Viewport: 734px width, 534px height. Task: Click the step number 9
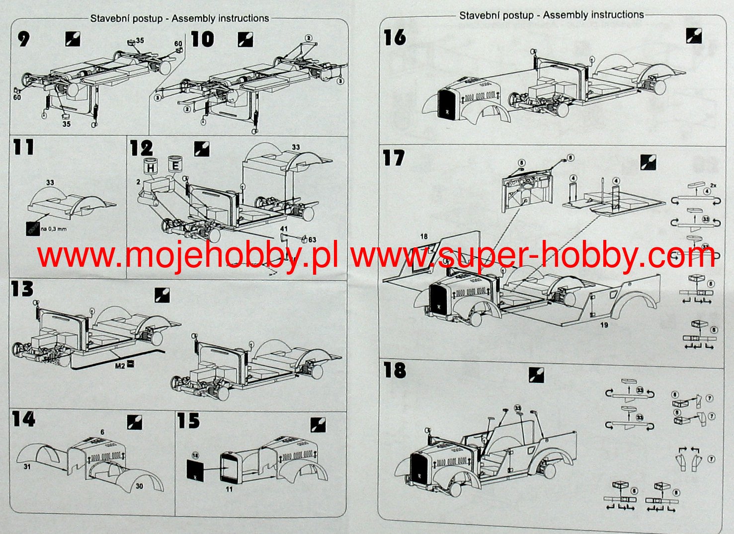tap(23, 39)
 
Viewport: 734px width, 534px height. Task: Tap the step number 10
tap(202, 40)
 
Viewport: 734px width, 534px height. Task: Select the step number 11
tap(23, 148)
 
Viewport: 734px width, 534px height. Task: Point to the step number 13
tap(23, 289)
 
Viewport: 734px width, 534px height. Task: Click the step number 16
tap(395, 38)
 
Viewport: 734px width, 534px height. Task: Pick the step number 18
tap(395, 371)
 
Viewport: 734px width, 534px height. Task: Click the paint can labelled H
tap(151, 167)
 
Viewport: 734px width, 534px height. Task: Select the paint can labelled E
tap(175, 165)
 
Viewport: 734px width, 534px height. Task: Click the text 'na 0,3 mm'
tap(54, 229)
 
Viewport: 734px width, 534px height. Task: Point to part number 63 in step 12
tap(312, 240)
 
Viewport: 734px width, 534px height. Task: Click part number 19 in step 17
tap(604, 325)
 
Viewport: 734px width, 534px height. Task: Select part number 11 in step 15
tap(229, 489)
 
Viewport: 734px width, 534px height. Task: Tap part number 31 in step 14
tap(27, 467)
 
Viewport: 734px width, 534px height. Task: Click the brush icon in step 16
tap(693, 36)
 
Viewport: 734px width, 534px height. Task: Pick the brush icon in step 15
tap(318, 425)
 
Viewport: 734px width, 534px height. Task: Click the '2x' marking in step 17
tap(713, 185)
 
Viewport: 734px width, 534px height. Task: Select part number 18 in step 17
tap(424, 236)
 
